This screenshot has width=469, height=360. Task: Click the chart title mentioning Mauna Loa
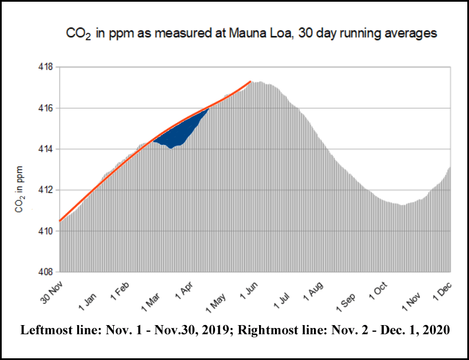pyautogui.click(x=250, y=33)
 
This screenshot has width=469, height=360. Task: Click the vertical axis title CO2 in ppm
pyautogui.click(x=19, y=189)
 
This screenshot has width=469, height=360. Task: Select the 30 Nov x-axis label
pyautogui.click(x=51, y=291)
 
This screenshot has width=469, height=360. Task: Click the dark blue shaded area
pyautogui.click(x=177, y=134)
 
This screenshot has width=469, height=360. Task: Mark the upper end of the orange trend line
pyautogui.click(x=251, y=82)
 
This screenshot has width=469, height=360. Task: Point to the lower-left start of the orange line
pyautogui.click(x=60, y=220)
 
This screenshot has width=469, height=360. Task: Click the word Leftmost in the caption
pyautogui.click(x=43, y=330)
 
